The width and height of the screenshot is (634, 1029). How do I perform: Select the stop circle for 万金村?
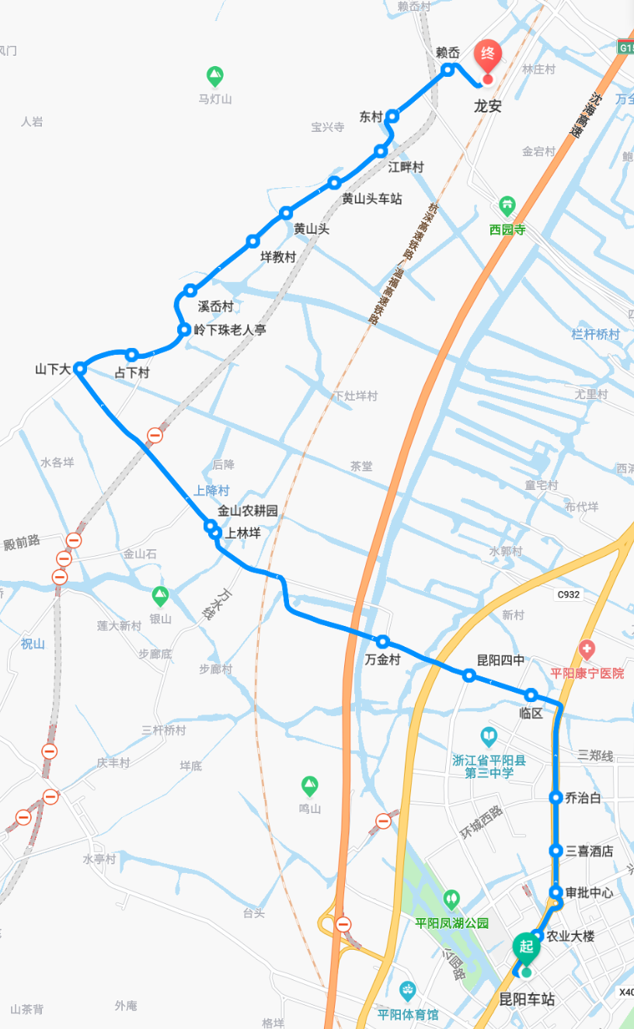point(382,642)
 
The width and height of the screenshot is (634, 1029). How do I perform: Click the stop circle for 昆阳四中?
point(469,676)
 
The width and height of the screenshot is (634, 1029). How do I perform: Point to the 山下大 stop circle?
point(79,369)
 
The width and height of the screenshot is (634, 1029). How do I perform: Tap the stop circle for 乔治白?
point(556,797)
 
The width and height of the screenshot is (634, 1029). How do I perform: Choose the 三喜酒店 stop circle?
point(556,850)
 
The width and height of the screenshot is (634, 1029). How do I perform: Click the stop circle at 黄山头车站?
point(334,183)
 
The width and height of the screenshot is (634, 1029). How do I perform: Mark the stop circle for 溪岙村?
point(190,290)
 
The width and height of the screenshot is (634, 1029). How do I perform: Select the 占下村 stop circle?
point(132,355)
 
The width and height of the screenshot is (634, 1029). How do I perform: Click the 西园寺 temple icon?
point(507,206)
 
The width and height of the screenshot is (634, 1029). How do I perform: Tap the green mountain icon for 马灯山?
point(215,77)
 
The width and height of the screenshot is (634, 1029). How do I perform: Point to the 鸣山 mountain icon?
point(310,786)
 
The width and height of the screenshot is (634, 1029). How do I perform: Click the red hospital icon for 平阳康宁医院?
point(587,649)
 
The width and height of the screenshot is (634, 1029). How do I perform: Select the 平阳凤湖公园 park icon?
point(451,900)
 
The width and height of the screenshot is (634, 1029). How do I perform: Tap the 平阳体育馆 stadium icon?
point(407,991)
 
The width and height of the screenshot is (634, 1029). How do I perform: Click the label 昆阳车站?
point(527,999)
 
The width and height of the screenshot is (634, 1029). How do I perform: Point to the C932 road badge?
point(568,595)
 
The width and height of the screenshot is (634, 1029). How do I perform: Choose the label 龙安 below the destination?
point(488,106)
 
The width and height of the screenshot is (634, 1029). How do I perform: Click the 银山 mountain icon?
point(160,596)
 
